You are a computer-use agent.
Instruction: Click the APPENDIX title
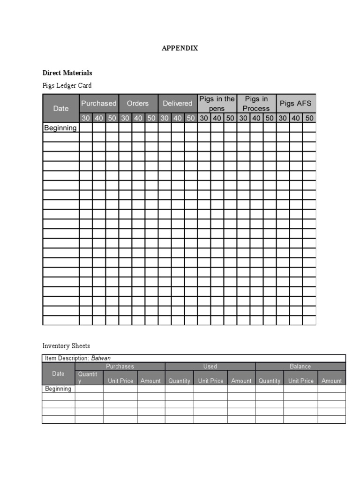click(180, 48)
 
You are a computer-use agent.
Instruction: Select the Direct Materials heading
click(67, 73)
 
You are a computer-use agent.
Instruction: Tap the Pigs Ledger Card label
click(67, 85)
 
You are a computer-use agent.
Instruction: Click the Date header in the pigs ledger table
click(61, 108)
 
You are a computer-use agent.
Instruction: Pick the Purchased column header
click(99, 103)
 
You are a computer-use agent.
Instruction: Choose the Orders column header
click(138, 103)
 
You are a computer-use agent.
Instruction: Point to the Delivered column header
click(177, 103)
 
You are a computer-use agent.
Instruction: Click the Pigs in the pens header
click(217, 104)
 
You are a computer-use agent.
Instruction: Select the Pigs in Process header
click(256, 104)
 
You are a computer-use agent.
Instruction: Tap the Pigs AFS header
click(295, 103)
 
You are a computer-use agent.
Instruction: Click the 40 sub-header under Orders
click(138, 118)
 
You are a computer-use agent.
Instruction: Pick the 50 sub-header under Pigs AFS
click(309, 118)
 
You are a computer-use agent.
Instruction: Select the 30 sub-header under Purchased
click(86, 118)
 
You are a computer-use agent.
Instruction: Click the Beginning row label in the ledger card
click(60, 127)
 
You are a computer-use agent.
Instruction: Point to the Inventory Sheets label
click(66, 346)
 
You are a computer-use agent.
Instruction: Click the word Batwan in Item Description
click(101, 358)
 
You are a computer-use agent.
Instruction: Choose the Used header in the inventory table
click(210, 366)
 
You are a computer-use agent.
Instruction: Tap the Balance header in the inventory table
click(300, 366)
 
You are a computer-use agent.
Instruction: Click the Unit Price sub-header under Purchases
click(120, 381)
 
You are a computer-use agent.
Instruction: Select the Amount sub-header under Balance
click(331, 381)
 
